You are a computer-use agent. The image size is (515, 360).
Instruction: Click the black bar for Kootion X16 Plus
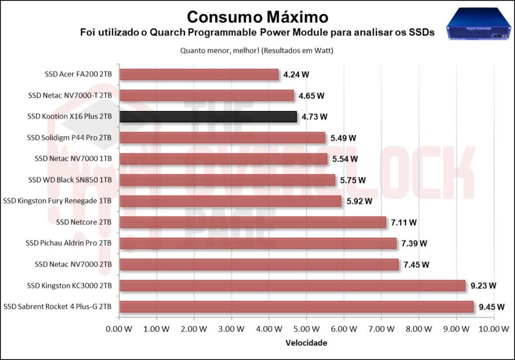208,117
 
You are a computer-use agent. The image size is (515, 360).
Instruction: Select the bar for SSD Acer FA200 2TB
199,74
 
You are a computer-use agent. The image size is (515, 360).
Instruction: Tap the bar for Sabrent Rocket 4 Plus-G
296,306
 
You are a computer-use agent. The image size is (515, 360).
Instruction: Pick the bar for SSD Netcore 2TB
252,222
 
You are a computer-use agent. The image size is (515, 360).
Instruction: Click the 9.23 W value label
483,286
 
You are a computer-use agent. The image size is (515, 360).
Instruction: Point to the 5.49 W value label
344,138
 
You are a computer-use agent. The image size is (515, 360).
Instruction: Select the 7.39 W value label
414,243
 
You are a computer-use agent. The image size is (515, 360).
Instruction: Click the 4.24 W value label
296,74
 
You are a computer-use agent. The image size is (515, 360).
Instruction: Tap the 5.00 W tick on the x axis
306,329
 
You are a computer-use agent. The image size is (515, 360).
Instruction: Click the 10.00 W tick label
493,329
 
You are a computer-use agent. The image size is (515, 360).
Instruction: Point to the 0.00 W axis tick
119,329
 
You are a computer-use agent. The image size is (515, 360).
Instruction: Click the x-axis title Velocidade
306,343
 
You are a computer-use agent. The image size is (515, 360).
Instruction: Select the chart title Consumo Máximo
257,17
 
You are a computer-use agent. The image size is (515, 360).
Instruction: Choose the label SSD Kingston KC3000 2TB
69,286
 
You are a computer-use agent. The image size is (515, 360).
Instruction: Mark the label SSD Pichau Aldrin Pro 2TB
68,243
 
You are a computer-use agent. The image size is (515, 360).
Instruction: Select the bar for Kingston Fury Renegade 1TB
230,201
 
